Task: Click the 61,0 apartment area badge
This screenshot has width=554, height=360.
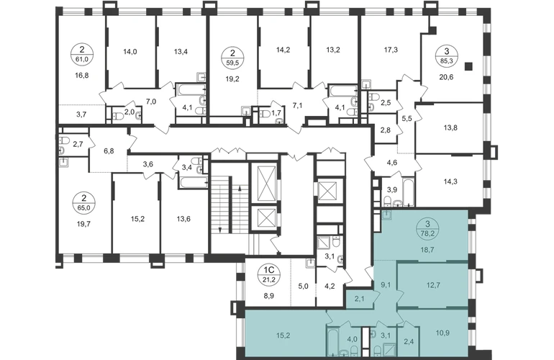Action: [x=81, y=54]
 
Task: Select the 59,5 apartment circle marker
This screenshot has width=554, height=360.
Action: [x=232, y=58]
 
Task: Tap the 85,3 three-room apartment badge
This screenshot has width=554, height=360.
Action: [x=447, y=56]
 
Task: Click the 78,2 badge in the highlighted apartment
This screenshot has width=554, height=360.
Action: [x=427, y=228]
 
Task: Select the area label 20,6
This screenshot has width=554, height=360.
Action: [x=446, y=77]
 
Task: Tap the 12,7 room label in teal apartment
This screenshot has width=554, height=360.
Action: [x=433, y=285]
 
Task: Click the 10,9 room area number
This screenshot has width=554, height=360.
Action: [x=442, y=333]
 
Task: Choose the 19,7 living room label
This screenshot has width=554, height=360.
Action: [x=83, y=223]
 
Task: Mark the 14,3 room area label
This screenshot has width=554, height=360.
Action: [x=450, y=181]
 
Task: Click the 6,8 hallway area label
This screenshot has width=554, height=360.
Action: [x=109, y=151]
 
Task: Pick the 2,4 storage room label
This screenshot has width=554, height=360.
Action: [x=408, y=341]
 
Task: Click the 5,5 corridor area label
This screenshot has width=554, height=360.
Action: [x=407, y=119]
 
